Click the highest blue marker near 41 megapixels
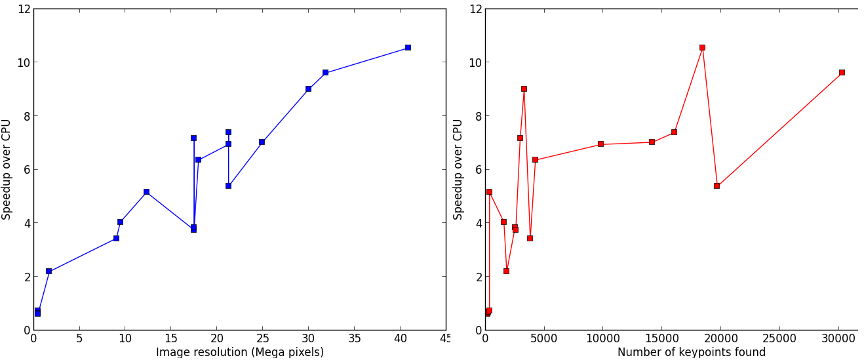[x=408, y=48]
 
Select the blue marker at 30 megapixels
[x=308, y=89]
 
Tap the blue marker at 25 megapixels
[x=262, y=142]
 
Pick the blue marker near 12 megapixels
[x=146, y=192]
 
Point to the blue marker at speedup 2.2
[x=49, y=271]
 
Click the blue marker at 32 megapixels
[x=325, y=73]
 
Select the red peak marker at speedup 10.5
[x=702, y=48]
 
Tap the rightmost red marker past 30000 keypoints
[x=842, y=73]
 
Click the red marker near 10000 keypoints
[x=600, y=144]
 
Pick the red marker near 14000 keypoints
[x=652, y=142]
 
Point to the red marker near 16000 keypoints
[x=674, y=132]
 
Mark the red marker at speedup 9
[x=524, y=89]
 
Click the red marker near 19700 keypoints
[x=717, y=186]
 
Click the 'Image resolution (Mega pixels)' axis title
[x=240, y=352]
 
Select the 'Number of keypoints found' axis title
[x=691, y=352]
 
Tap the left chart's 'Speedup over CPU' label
[x=7, y=169]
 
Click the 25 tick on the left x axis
[x=262, y=339]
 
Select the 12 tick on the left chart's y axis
[x=24, y=9]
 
